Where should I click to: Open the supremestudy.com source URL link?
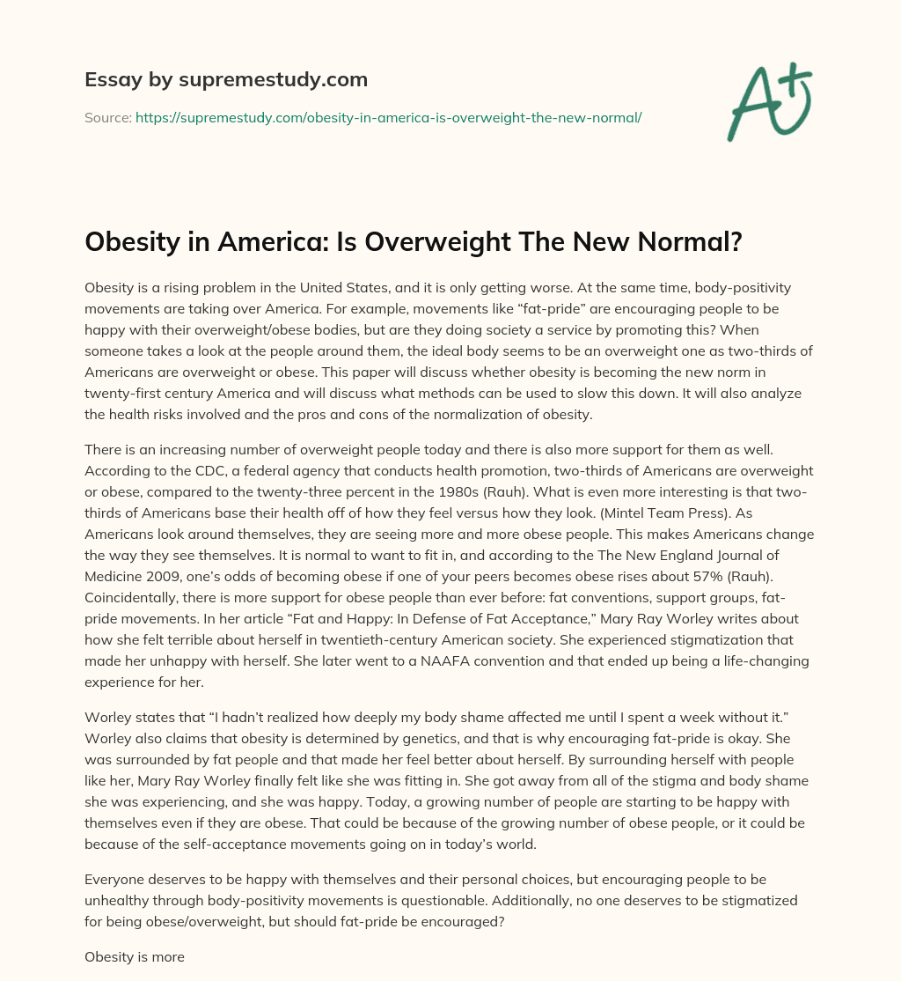click(388, 117)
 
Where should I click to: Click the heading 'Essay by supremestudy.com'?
click(226, 80)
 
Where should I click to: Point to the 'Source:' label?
click(108, 117)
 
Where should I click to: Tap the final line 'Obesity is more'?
click(135, 955)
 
